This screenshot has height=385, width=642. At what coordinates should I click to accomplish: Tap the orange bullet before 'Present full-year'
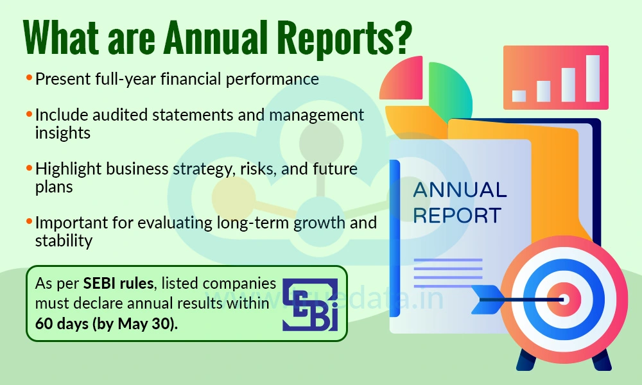click(x=29, y=78)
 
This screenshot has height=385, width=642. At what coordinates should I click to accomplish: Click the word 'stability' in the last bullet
click(x=64, y=241)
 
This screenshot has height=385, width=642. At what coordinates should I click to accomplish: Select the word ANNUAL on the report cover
click(x=460, y=190)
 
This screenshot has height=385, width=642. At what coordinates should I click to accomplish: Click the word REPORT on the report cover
click(x=456, y=215)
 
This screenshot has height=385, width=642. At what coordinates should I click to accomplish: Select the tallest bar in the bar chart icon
click(x=592, y=78)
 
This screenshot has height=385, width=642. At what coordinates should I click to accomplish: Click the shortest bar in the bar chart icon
click(x=519, y=96)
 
